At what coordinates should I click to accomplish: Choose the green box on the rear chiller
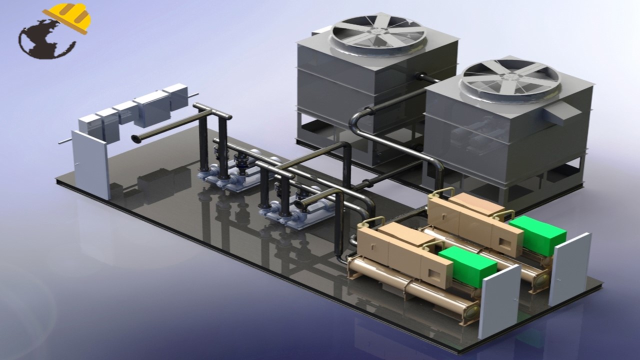click(537, 235)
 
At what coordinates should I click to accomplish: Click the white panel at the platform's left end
click(91, 164)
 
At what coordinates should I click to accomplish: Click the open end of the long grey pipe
click(135, 138)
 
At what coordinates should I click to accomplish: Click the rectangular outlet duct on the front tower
click(559, 112)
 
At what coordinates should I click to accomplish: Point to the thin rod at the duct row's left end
click(64, 141)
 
